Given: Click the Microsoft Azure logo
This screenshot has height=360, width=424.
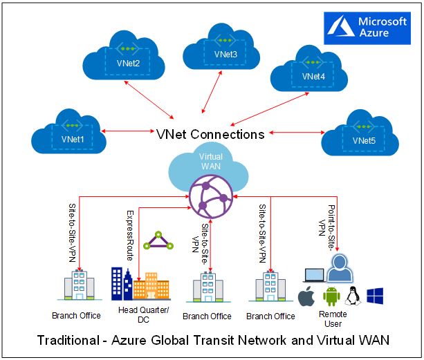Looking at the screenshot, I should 367,28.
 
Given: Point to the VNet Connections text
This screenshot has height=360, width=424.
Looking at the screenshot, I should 211,134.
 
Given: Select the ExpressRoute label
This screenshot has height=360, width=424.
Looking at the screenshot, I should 129,234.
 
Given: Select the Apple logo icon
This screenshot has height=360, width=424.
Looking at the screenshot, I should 306,298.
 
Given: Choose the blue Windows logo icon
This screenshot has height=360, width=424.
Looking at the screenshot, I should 376,298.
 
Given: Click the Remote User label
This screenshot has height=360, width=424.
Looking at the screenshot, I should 333,319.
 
